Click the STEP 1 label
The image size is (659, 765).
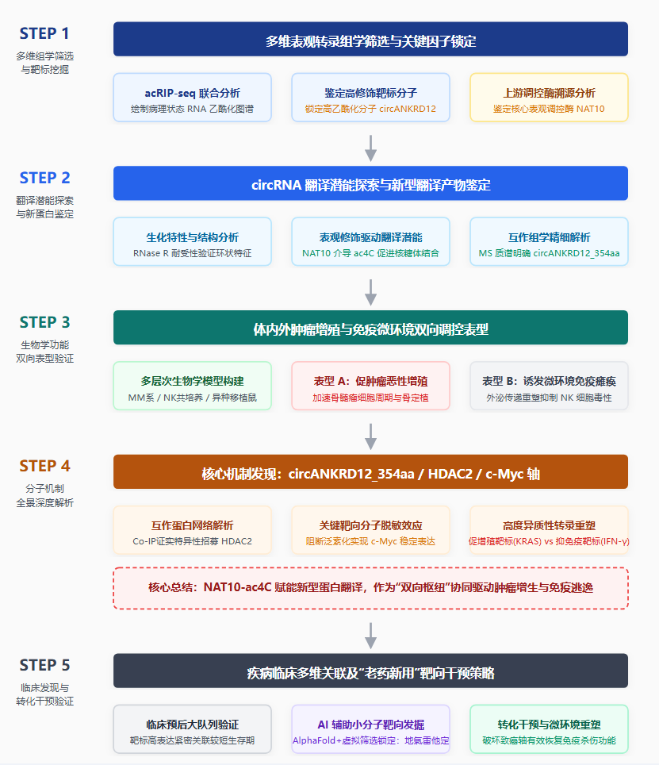[x=44, y=33]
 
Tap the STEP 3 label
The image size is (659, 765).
[x=44, y=322]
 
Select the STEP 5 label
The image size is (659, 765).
[x=44, y=665]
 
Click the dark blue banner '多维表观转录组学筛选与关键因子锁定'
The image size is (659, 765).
[x=370, y=39]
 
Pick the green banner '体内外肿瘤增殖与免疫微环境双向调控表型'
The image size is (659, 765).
[x=370, y=328]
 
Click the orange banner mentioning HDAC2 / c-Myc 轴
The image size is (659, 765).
[x=370, y=472]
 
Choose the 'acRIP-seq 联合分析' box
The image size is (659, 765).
[x=193, y=98]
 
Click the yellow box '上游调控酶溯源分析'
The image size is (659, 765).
[x=549, y=98]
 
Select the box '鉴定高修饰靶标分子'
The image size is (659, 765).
[x=370, y=98]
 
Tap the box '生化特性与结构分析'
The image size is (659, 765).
[x=193, y=242]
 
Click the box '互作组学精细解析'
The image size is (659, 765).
[x=549, y=242]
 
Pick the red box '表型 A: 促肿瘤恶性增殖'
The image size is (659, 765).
[x=370, y=386]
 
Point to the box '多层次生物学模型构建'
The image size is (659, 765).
[x=193, y=386]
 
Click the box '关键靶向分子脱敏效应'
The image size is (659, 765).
[x=370, y=530]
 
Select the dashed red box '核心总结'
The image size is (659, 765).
[x=370, y=588]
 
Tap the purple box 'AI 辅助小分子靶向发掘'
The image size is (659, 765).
[x=370, y=729]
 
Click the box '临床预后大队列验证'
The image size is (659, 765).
[x=193, y=729]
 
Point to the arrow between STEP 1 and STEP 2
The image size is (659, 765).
[x=371, y=148]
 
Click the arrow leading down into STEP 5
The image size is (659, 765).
[x=371, y=636]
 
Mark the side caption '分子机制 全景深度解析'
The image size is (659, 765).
[x=45, y=496]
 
